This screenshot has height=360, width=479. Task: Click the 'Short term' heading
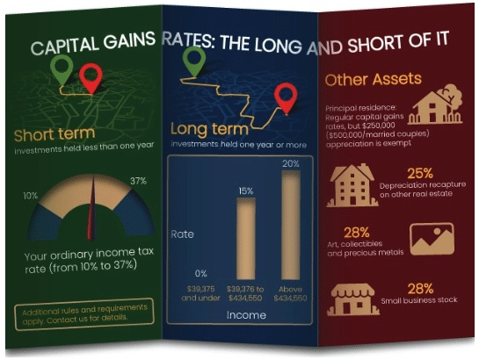click(x=54, y=134)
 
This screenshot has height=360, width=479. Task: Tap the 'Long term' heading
click(x=209, y=129)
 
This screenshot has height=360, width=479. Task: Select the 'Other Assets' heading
click(x=373, y=79)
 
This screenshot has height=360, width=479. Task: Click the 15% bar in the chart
click(x=246, y=239)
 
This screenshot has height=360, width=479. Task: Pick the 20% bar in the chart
click(x=291, y=225)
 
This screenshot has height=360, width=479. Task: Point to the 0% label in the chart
click(x=200, y=274)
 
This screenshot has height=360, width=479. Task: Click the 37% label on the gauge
click(x=138, y=181)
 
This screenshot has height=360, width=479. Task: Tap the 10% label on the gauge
click(x=31, y=196)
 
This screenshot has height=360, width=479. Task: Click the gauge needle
click(x=92, y=209)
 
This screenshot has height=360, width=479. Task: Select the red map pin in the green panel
click(x=91, y=79)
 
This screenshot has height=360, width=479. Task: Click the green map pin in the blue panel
click(x=194, y=61)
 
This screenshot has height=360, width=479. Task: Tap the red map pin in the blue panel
click(x=286, y=97)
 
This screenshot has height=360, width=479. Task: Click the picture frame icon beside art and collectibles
click(x=432, y=239)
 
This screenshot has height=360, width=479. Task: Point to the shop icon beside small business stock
click(x=352, y=299)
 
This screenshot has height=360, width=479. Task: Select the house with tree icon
click(x=435, y=104)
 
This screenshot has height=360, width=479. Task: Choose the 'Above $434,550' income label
click(x=290, y=293)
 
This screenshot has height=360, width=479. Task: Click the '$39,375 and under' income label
click(x=200, y=293)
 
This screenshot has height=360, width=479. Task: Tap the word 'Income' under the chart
click(x=246, y=315)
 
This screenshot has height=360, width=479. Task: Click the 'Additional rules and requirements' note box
click(x=84, y=314)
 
